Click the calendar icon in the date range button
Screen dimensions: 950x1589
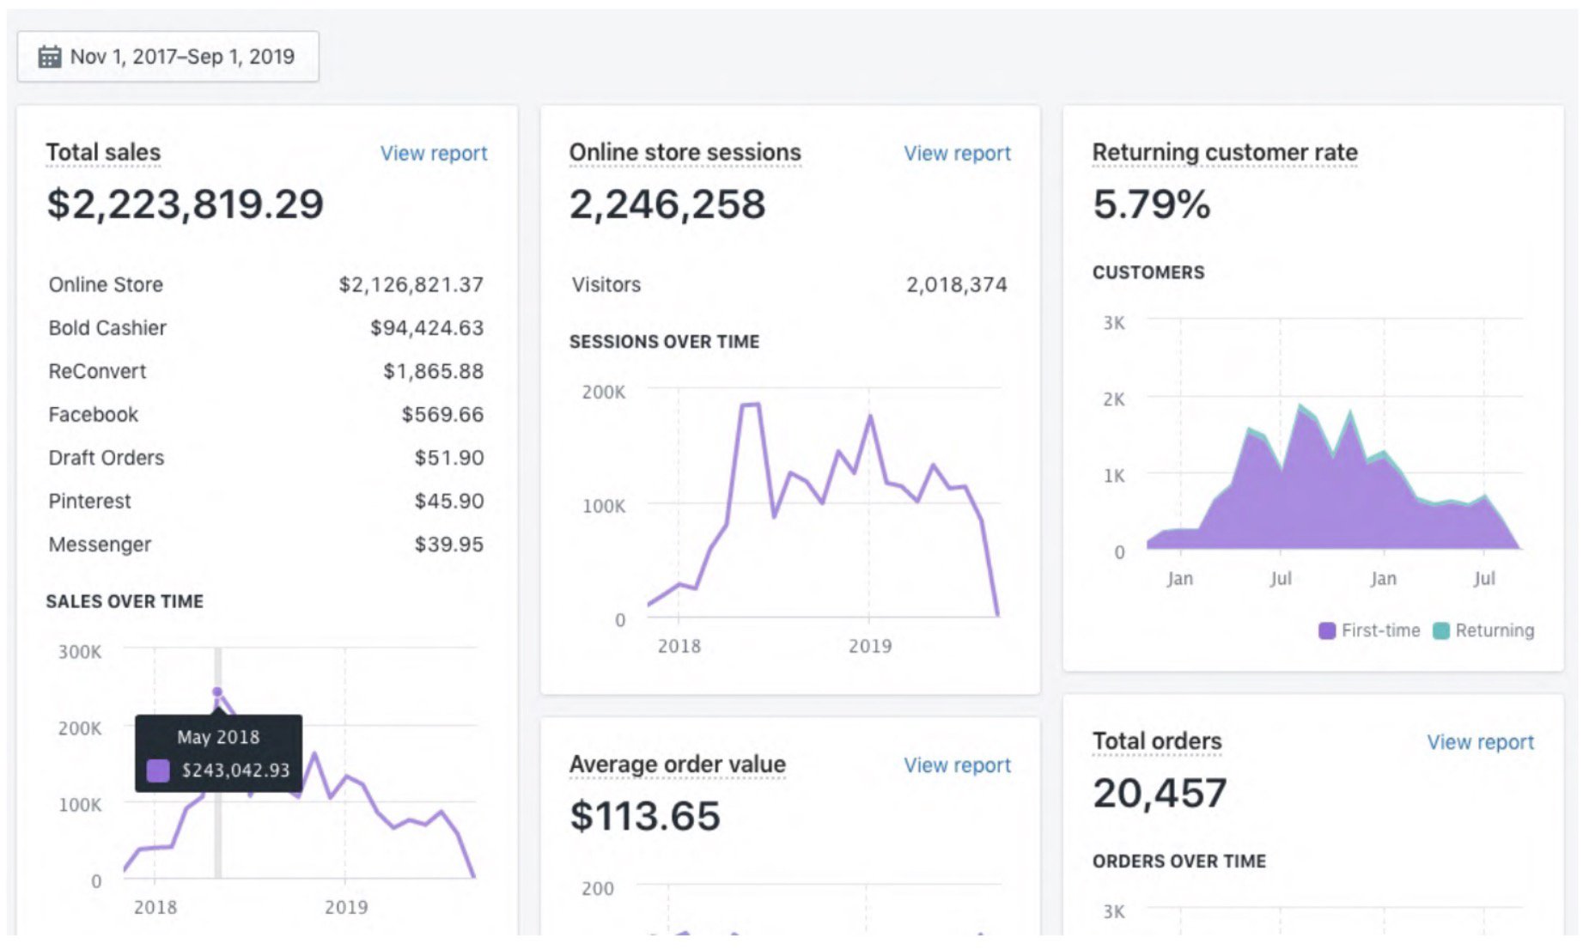[x=50, y=57]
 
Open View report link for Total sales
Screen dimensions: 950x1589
[x=433, y=154]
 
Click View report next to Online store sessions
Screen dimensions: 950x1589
[x=956, y=154]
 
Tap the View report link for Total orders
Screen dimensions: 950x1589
[x=1479, y=742]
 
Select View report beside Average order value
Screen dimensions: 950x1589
[x=956, y=765]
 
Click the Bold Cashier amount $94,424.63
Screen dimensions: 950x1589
[x=426, y=328]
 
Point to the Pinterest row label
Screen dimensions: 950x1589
[x=89, y=502]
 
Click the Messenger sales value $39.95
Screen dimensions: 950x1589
[x=448, y=545]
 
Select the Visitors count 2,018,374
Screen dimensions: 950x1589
[x=956, y=285]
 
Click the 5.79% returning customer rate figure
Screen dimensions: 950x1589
[x=1150, y=204]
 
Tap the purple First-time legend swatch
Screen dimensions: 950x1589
[x=1326, y=631]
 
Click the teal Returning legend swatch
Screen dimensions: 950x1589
[x=1440, y=631]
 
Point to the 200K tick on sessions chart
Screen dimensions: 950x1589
[x=603, y=393]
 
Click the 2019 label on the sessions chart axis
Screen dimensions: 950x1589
[x=869, y=646]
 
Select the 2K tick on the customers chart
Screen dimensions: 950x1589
[x=1113, y=399]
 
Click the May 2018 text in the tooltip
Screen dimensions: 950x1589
[x=218, y=737]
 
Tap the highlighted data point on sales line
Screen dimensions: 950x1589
[x=217, y=691]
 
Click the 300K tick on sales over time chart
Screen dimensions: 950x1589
[x=79, y=652]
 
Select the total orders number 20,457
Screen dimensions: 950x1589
[x=1159, y=793]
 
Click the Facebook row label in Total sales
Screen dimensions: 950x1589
[x=93, y=415]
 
